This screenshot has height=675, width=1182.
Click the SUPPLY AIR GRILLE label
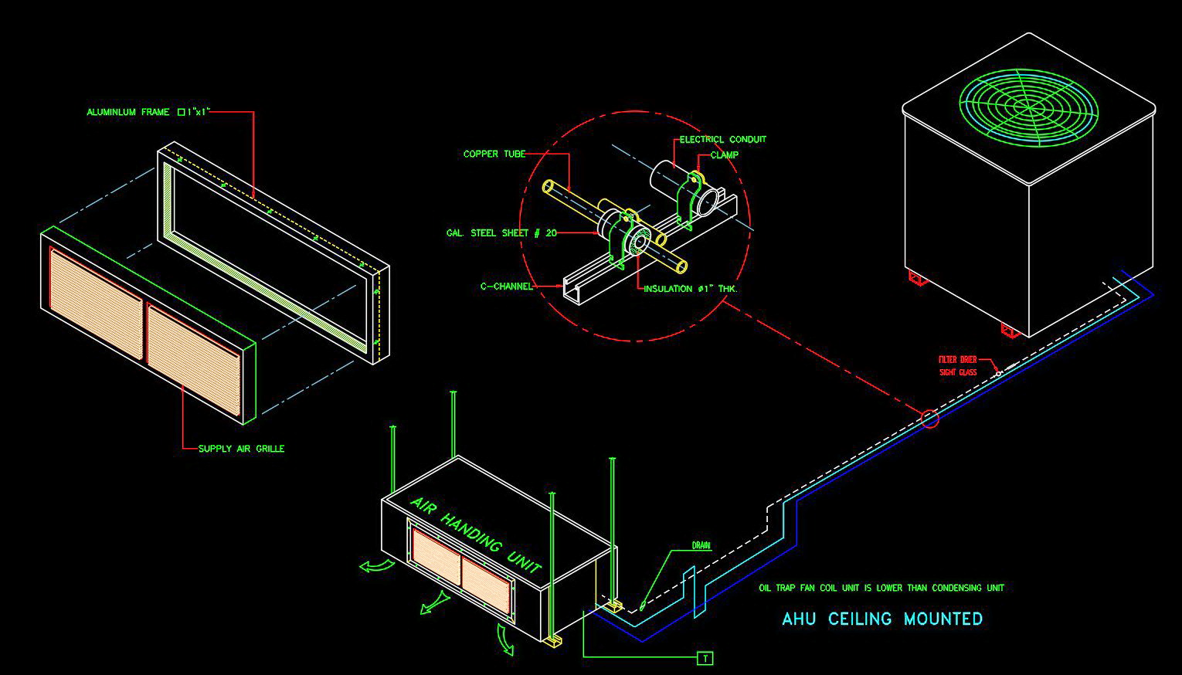[241, 449]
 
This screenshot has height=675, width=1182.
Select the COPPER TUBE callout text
[494, 154]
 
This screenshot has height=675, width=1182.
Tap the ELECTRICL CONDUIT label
[723, 140]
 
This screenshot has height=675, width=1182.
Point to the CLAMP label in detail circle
[724, 155]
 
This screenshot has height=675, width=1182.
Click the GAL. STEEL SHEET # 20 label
[501, 232]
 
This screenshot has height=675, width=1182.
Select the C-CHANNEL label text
[506, 287]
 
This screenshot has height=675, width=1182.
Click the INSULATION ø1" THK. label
[691, 289]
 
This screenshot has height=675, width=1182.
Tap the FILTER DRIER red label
[958, 360]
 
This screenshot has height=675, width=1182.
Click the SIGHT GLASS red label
[958, 372]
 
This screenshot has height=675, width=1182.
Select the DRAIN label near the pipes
[701, 546]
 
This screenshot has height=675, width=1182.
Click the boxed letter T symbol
[705, 658]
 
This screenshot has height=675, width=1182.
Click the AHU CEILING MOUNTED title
[882, 619]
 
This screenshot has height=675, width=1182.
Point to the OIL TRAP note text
[881, 588]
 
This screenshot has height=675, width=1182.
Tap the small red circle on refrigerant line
[929, 419]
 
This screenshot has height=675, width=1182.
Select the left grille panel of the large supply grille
[96, 304]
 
